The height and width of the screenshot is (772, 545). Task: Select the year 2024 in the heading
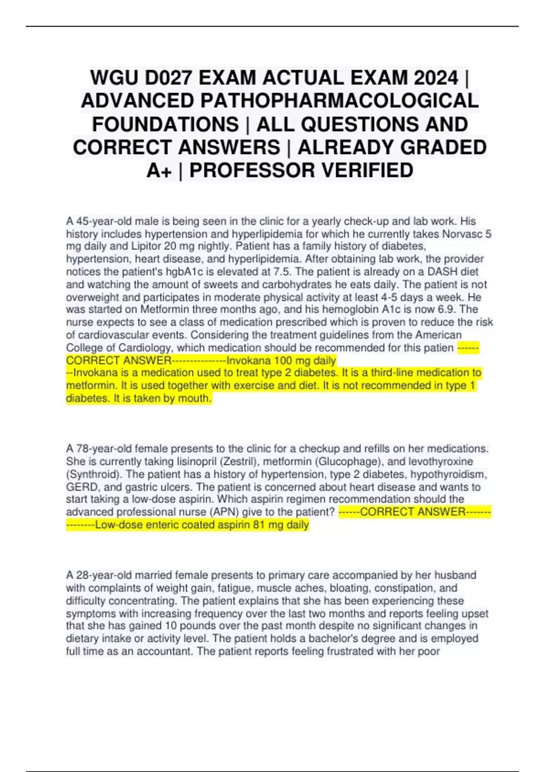coord(436,78)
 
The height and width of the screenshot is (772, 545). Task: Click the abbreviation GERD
coord(82,487)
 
